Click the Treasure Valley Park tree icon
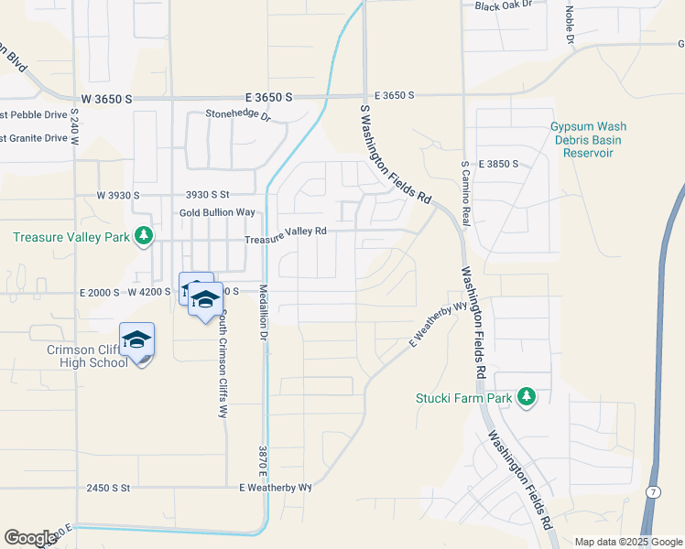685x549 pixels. click(x=144, y=237)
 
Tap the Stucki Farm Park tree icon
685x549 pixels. click(x=526, y=396)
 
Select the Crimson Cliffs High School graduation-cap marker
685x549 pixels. click(x=137, y=340)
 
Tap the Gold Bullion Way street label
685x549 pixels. click(x=217, y=212)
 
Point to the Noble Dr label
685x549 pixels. click(x=569, y=25)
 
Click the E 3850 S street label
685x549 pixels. click(x=498, y=164)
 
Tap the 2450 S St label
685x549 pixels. click(x=110, y=488)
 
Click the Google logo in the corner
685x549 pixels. click(x=30, y=538)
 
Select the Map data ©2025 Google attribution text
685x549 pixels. click(x=629, y=542)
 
